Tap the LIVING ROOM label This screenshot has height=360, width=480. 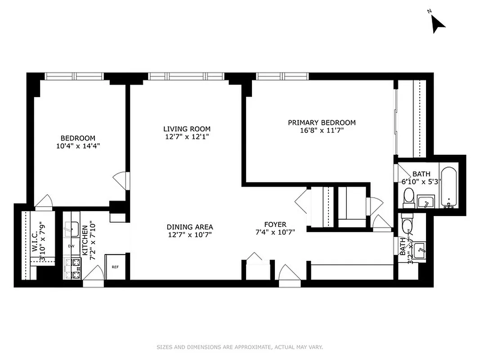pyautogui.click(x=187, y=129)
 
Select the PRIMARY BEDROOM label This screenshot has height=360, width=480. pyautogui.click(x=322, y=122)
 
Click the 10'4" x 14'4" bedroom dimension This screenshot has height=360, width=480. pyautogui.click(x=78, y=146)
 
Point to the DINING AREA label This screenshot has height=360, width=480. pyautogui.click(x=189, y=227)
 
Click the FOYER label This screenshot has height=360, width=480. pyautogui.click(x=275, y=225)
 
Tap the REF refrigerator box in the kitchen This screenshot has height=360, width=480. pyautogui.click(x=115, y=267)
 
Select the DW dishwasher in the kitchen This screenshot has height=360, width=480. pyautogui.click(x=71, y=246)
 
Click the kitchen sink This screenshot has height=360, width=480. pyautogui.click(x=71, y=229)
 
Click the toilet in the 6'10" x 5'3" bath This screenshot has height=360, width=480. pyautogui.click(x=408, y=197)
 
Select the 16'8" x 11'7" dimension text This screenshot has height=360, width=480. pyautogui.click(x=322, y=131)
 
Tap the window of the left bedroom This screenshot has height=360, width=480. pyautogui.click(x=74, y=76)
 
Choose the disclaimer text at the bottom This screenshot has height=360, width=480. pyautogui.click(x=240, y=347)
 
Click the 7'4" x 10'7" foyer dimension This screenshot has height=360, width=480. pyautogui.click(x=275, y=233)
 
